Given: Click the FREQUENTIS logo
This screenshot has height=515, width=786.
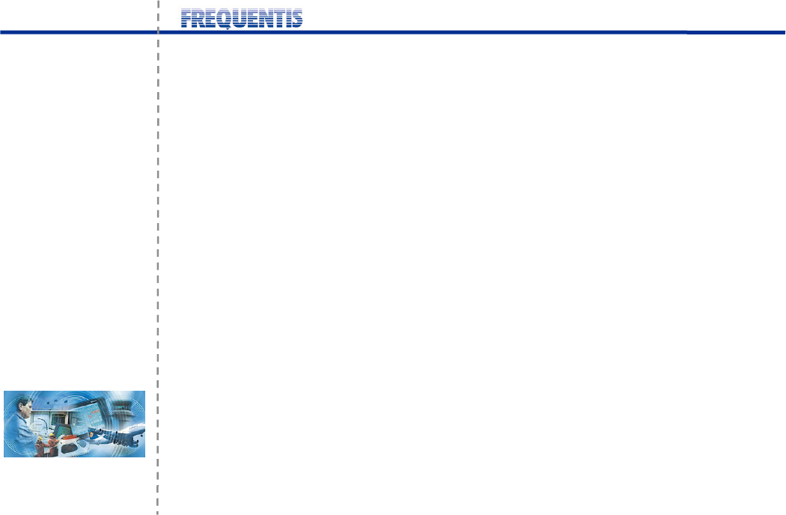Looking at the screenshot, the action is click(x=242, y=19).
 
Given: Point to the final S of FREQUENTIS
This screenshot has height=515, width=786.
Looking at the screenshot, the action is click(x=296, y=19).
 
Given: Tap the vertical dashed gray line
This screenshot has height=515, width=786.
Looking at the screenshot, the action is click(x=158, y=225).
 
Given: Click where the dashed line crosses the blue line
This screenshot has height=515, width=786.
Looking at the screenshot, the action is click(x=158, y=32).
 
